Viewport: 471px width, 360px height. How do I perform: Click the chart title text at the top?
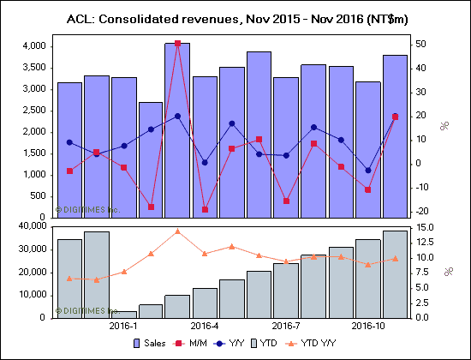click(x=235, y=18)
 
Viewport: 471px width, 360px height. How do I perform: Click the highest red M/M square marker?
click(x=177, y=43)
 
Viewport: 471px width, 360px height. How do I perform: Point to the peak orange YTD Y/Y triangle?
click(x=177, y=231)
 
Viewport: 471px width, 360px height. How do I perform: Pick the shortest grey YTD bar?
click(x=123, y=314)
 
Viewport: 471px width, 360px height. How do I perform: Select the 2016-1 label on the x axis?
click(x=123, y=326)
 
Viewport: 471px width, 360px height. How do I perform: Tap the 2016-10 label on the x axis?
click(x=368, y=326)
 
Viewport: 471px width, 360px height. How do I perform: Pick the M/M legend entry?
click(x=194, y=344)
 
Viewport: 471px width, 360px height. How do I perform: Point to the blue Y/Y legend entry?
click(x=235, y=344)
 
